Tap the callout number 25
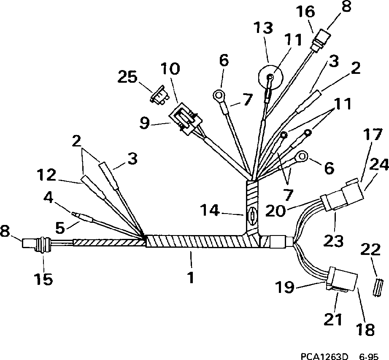(127, 77)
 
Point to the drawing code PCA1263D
(324, 357)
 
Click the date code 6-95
(368, 357)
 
